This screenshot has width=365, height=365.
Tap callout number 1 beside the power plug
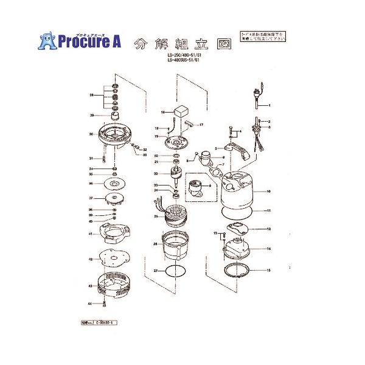pyautogui.click(x=268, y=106)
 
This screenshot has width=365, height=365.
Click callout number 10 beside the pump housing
pyautogui.click(x=268, y=191)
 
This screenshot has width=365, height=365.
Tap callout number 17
pyautogui.click(x=201, y=124)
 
